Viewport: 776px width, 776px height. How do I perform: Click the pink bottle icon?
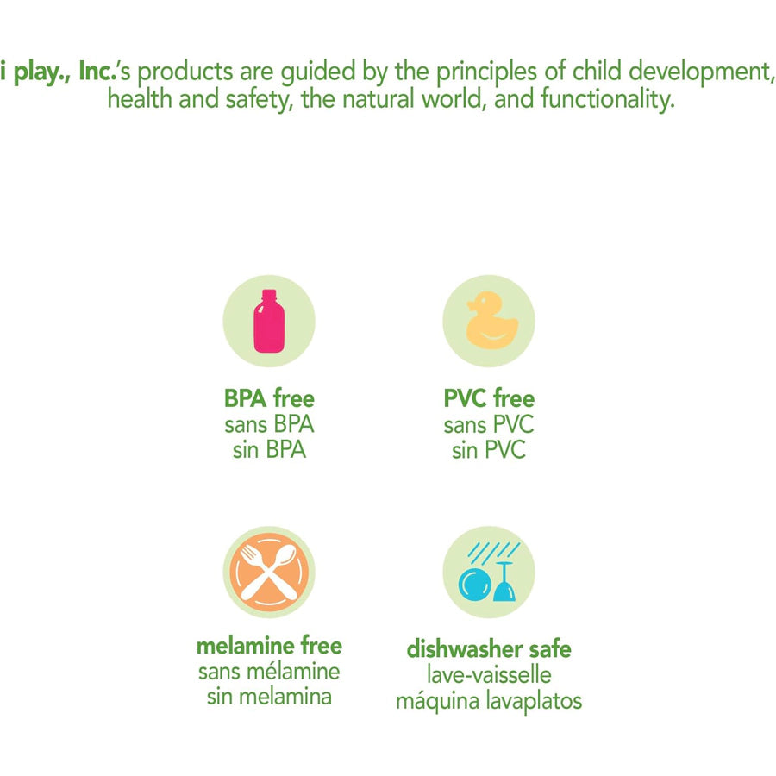pyautogui.click(x=269, y=321)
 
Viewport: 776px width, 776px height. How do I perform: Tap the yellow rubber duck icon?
pyautogui.click(x=492, y=320)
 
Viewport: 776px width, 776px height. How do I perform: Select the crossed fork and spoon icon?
pyautogui.click(x=269, y=572)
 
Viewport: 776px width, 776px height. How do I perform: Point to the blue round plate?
pyautogui.click(x=474, y=585)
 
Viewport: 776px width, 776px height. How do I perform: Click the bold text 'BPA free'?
pyautogui.click(x=269, y=398)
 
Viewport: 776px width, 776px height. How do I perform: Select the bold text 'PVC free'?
pyautogui.click(x=489, y=398)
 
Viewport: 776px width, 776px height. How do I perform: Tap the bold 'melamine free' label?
pyautogui.click(x=269, y=646)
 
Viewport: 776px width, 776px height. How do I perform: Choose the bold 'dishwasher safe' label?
pyautogui.click(x=489, y=649)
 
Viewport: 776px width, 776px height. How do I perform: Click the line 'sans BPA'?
pyautogui.click(x=269, y=424)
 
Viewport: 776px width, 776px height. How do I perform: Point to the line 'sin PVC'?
pyautogui.click(x=489, y=450)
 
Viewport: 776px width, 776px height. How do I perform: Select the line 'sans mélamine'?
pyautogui.click(x=269, y=672)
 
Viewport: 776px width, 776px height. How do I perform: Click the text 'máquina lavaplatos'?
pyautogui.click(x=489, y=701)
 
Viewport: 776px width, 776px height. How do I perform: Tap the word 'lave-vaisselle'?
pyautogui.click(x=489, y=675)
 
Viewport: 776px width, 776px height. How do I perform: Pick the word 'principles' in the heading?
pyautogui.click(x=486, y=72)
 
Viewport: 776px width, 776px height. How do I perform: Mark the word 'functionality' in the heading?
pyautogui.click(x=608, y=98)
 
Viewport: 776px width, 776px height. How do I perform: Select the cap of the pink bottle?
pyautogui.click(x=269, y=295)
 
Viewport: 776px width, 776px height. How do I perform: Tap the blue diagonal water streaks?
pyautogui.click(x=494, y=553)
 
